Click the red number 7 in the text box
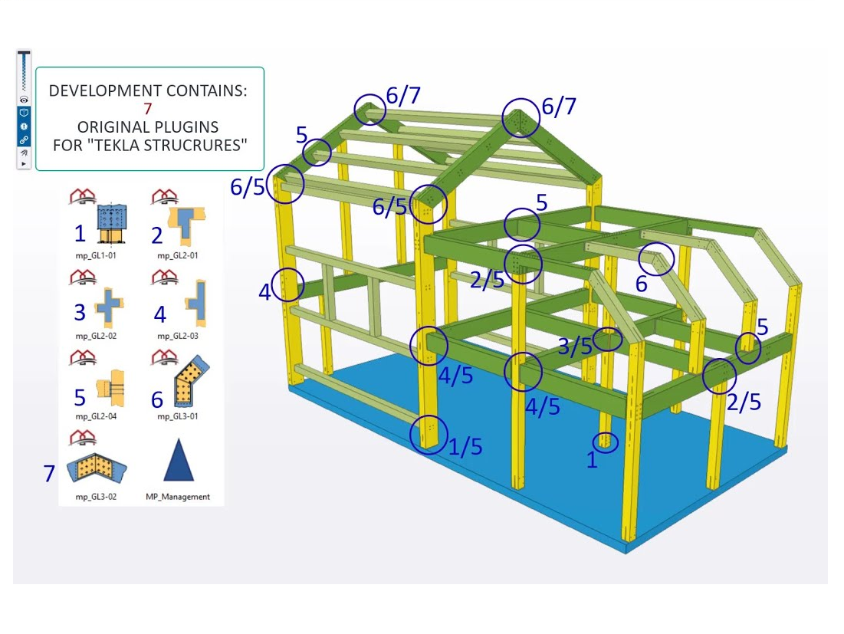148,109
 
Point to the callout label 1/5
465,447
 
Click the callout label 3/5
575,346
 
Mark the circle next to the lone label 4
287,284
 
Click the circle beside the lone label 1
606,442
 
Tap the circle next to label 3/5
608,337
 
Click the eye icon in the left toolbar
25,100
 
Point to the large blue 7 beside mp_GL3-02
50,474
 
